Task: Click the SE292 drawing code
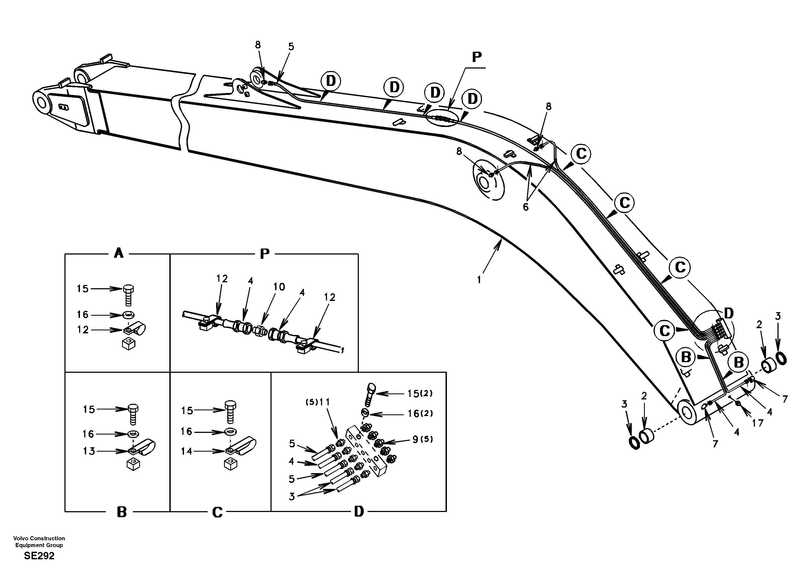[x=39, y=556]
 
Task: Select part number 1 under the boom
[x=479, y=280]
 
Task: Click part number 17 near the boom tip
[x=758, y=423]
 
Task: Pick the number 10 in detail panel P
[x=279, y=287]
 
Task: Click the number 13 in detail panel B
[x=89, y=451]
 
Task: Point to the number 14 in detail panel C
[x=187, y=451]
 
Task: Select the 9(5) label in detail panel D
[x=422, y=439]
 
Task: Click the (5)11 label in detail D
[x=318, y=402]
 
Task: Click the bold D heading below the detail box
[x=359, y=511]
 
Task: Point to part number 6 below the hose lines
[x=525, y=207]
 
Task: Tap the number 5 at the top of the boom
[x=291, y=46]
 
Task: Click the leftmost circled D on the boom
[x=331, y=81]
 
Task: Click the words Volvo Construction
[x=39, y=538]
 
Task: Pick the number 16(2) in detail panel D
[x=420, y=414]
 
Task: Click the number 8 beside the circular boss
[x=459, y=151]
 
